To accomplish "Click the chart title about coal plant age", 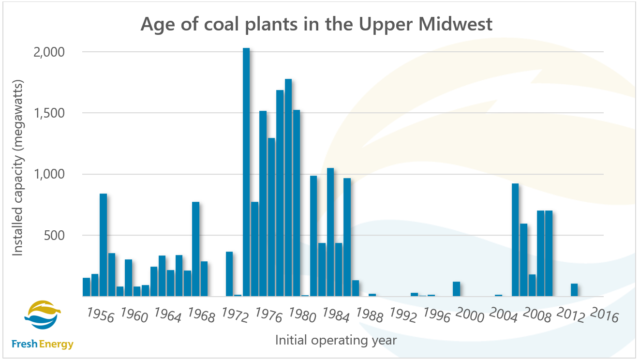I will (316, 24).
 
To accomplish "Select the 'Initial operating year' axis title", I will (336, 340).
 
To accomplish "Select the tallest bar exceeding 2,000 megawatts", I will (246, 172).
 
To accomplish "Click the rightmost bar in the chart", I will (574, 290).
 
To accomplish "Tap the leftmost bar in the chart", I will (86, 287).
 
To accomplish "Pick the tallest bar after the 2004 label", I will (515, 240).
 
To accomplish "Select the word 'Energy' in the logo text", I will (57, 345).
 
